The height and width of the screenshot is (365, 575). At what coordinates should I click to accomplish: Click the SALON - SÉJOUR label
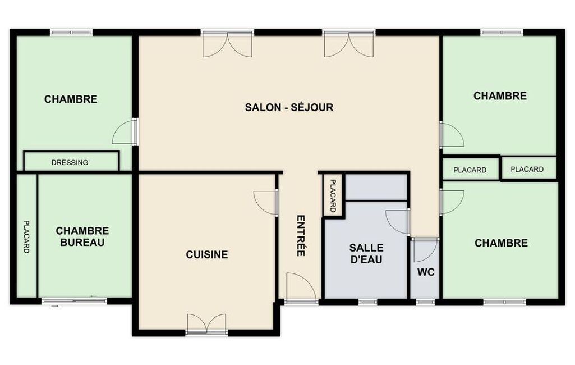click(289, 108)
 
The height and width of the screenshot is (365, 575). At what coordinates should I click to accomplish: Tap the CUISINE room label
click(207, 254)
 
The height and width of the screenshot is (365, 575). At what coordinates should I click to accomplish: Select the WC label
click(426, 272)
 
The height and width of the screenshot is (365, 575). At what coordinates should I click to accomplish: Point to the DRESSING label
click(70, 162)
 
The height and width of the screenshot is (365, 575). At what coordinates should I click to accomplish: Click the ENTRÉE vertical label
click(301, 235)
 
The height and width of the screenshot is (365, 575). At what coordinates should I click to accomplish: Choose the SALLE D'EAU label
click(366, 253)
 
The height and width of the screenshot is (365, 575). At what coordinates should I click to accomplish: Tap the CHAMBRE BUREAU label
click(82, 236)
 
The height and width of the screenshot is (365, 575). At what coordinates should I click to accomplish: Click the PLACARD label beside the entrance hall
click(333, 196)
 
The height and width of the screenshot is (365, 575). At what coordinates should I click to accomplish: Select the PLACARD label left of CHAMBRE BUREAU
click(26, 236)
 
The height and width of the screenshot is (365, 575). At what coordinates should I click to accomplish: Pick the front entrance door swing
click(301, 288)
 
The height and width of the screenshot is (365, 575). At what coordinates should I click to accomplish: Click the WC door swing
click(425, 250)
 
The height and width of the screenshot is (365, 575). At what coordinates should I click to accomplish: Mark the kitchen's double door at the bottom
click(206, 323)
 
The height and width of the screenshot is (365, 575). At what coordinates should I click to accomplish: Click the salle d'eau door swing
click(397, 221)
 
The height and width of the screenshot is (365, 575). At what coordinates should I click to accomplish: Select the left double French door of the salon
click(227, 44)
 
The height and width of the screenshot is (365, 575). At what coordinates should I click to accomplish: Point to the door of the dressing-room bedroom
click(124, 131)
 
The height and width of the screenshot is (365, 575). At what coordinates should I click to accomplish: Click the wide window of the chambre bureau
click(74, 301)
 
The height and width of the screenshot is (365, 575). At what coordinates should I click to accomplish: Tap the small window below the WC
click(425, 302)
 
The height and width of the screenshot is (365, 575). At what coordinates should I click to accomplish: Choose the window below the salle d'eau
click(367, 302)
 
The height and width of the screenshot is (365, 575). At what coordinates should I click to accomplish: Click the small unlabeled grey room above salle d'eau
click(376, 188)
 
